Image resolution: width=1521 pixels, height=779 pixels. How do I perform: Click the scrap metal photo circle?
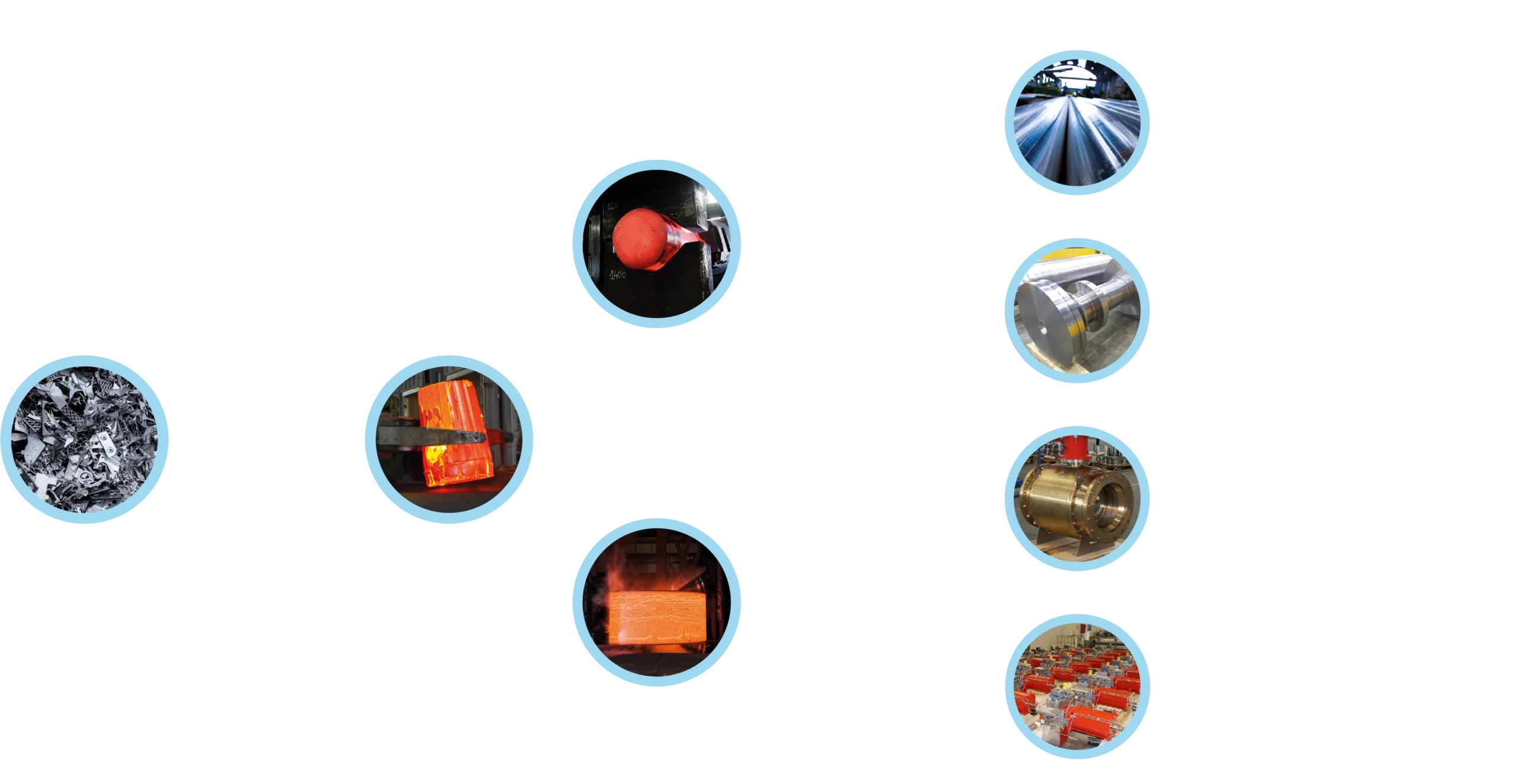pos(86,439)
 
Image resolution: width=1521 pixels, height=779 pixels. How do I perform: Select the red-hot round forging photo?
pos(655,244)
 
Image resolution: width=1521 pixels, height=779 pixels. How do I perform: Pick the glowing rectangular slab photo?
pos(655,601)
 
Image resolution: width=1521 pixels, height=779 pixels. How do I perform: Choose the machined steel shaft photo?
pos(1077,311)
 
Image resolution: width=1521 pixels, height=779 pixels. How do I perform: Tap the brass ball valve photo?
pos(1077,499)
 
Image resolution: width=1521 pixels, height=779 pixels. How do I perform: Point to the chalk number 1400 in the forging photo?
pos(617,275)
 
